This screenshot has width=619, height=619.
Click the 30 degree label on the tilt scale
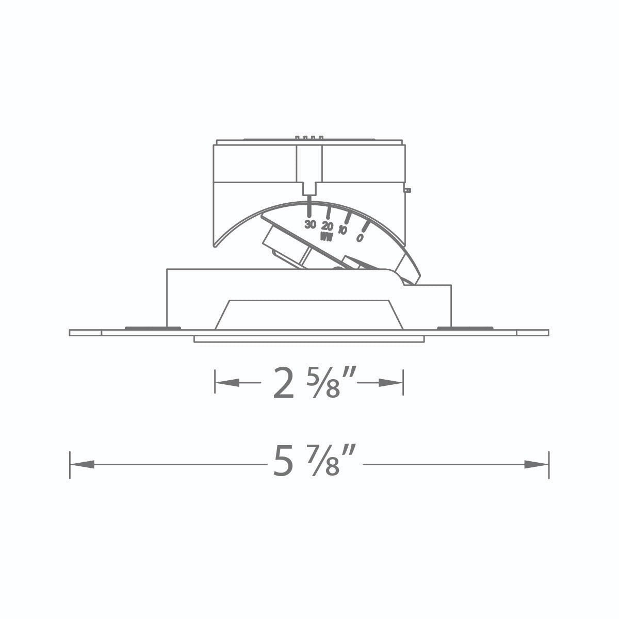pyautogui.click(x=309, y=224)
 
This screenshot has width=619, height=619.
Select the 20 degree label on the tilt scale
pyautogui.click(x=327, y=226)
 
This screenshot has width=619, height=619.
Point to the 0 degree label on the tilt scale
pyautogui.click(x=360, y=238)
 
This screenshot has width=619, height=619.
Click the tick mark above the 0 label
pyautogui.click(x=365, y=226)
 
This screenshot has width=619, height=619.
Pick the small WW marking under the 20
pyautogui.click(x=326, y=237)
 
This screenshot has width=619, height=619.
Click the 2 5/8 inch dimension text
pyautogui.click(x=308, y=383)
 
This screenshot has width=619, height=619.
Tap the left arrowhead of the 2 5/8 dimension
pyautogui.click(x=227, y=383)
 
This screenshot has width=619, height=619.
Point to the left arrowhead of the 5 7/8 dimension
pyautogui.click(x=83, y=464)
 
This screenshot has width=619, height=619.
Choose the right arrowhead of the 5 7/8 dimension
pyautogui.click(x=536, y=464)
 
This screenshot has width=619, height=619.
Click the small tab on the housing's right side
pyautogui.click(x=408, y=190)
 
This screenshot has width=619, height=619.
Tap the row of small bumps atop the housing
pyautogui.click(x=309, y=138)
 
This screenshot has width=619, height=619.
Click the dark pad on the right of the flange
pyautogui.click(x=464, y=328)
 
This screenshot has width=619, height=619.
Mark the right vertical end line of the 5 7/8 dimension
pyautogui.click(x=548, y=464)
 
